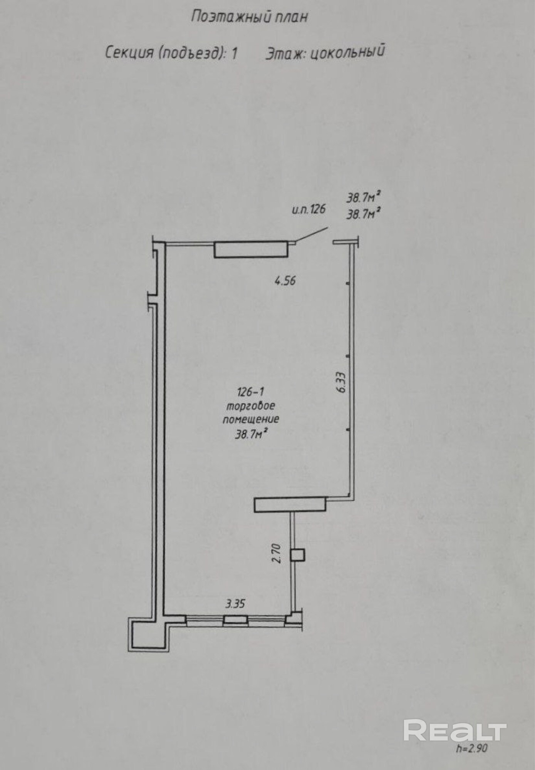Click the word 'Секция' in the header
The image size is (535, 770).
point(129,52)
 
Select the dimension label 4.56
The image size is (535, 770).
point(285,281)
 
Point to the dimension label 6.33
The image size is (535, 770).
point(341,382)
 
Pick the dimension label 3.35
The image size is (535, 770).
point(235,603)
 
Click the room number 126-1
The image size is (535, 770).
point(251,392)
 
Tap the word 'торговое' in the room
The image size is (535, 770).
point(251,406)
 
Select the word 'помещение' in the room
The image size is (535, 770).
point(251,419)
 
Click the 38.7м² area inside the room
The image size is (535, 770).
point(251,434)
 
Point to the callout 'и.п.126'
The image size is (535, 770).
point(309,209)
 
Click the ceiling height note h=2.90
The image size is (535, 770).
point(472,748)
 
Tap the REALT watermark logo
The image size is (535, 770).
point(455,730)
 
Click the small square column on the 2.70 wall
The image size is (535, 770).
point(298,555)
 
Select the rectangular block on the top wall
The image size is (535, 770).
point(251,249)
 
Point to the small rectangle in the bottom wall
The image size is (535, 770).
point(235,619)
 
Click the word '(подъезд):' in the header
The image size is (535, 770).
point(196,52)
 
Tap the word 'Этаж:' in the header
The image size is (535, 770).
point(285,53)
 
